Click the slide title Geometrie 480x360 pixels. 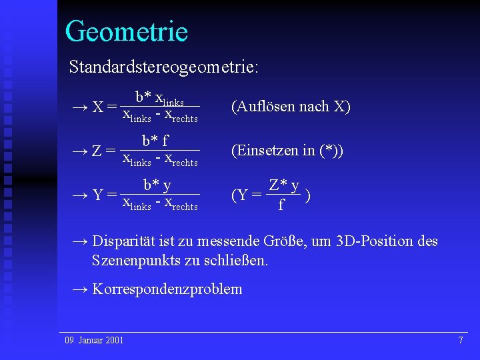click(126, 31)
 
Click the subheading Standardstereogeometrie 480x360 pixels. click(164, 67)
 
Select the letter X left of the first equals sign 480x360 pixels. click(97, 107)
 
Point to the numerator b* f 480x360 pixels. click(155, 141)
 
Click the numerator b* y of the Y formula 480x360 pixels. click(157, 185)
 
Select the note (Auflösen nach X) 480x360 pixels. click(290, 107)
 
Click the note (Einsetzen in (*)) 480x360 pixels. click(287, 151)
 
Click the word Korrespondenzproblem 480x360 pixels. click(167, 289)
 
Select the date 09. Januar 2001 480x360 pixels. click(94, 341)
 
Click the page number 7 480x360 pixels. click(460, 341)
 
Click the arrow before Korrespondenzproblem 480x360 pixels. click(79, 289)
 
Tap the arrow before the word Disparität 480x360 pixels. click(79, 241)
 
